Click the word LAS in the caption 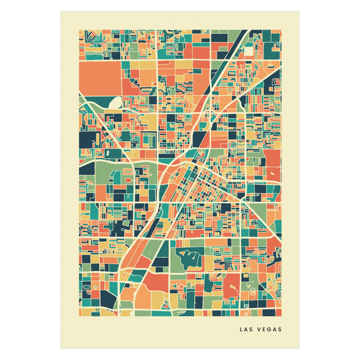(x=247, y=330)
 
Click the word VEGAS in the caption (x=269, y=330)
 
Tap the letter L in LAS (x=242, y=330)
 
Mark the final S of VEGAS (x=280, y=330)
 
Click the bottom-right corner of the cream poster (x=301, y=349)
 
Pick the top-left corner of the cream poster (x=59, y=11)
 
